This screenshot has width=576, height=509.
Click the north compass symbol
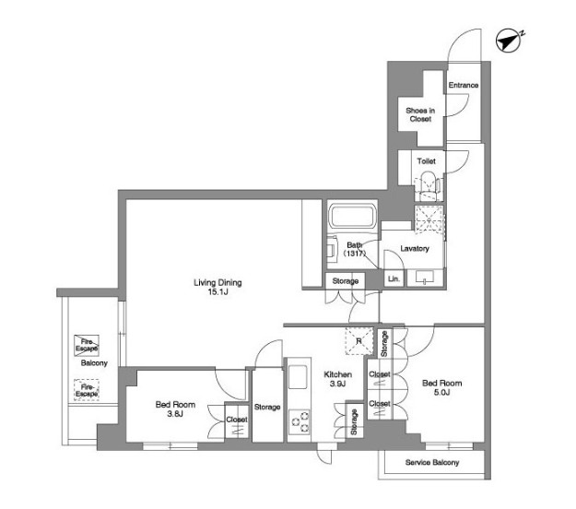point(509,41)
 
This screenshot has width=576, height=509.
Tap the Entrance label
point(464,85)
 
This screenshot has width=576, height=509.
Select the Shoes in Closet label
point(420,114)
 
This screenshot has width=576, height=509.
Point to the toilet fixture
point(428,186)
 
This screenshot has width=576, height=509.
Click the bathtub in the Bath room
point(352,217)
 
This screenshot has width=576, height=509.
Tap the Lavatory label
point(415,248)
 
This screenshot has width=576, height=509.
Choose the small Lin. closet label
point(394,279)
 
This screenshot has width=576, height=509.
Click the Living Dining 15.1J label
point(217,287)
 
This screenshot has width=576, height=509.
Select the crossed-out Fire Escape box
point(87,346)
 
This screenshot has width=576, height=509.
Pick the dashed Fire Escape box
point(87,389)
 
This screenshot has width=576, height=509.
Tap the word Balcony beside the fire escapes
point(94,363)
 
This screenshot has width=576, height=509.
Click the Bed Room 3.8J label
point(175,409)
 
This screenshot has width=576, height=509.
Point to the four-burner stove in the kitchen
point(299,422)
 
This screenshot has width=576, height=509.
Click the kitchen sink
point(298,376)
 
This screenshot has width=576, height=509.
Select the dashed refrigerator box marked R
point(359,341)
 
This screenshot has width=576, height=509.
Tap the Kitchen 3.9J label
point(337,379)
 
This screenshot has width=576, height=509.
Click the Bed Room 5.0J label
point(442,387)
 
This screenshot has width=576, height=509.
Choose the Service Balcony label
point(432,462)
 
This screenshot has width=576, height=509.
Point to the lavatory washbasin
point(425,278)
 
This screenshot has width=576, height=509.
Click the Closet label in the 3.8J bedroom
point(237,420)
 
